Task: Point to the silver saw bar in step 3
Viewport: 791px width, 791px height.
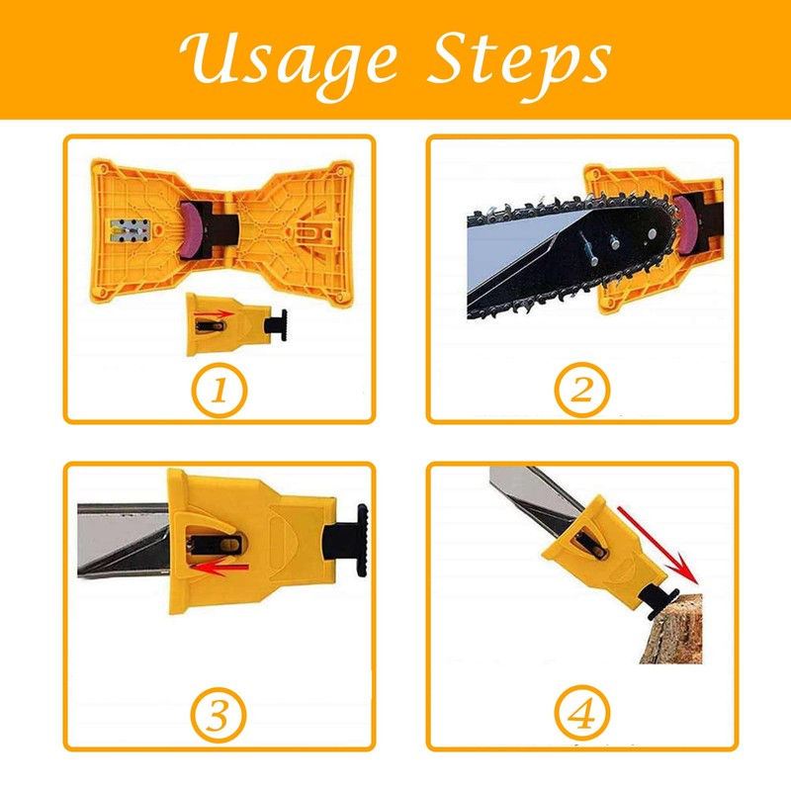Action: coord(119,539)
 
